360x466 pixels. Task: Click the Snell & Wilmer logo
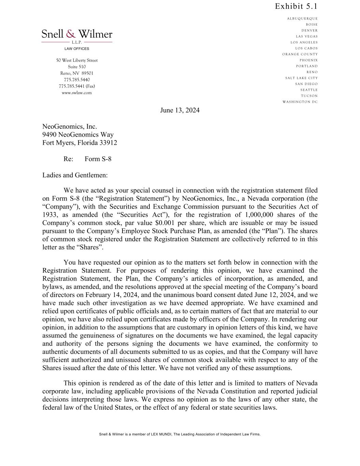77,34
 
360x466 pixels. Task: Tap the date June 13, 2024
180,110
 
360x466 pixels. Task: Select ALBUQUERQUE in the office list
302,19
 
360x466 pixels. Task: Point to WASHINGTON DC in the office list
300,102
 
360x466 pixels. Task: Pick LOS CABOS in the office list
306,48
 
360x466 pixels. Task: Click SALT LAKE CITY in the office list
301,78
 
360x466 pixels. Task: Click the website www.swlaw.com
77,93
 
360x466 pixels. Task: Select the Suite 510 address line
77,67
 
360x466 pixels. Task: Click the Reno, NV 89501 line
77,73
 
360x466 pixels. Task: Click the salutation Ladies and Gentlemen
75,175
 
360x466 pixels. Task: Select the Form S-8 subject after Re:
98,159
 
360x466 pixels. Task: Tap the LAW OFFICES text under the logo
77,49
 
